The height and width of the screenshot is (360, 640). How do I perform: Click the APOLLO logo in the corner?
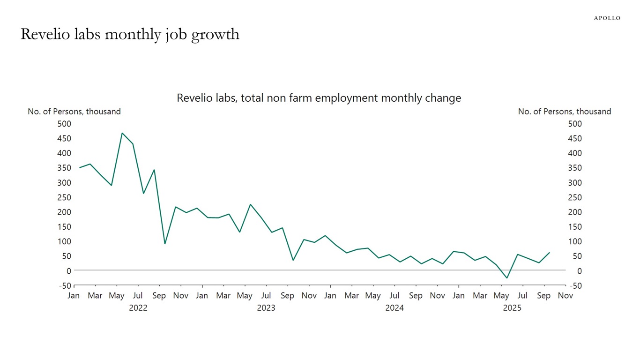607,18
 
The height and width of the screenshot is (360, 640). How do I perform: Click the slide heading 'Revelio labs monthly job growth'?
130,34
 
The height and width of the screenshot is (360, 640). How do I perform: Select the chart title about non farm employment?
319,98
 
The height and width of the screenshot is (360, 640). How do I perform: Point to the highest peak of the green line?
122,133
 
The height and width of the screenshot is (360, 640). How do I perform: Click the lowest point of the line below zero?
506,278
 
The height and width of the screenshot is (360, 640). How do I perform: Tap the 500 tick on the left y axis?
64,124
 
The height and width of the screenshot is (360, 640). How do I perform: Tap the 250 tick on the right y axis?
574,197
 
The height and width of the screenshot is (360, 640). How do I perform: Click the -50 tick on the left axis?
65,285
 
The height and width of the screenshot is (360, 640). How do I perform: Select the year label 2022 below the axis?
138,308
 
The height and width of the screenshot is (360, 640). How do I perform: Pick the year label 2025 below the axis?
512,308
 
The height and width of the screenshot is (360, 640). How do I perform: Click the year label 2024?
394,308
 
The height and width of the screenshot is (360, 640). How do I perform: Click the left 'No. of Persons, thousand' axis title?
74,112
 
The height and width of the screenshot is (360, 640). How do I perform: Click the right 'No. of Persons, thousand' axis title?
564,112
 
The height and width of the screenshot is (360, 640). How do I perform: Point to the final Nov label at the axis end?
566,296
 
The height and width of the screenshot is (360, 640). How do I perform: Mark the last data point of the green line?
550,253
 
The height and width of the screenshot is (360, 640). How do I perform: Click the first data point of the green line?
80,167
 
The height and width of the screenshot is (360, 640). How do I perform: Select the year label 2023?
266,308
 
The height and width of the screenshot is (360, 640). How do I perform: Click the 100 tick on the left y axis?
64,241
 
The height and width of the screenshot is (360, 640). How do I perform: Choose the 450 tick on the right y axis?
574,138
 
